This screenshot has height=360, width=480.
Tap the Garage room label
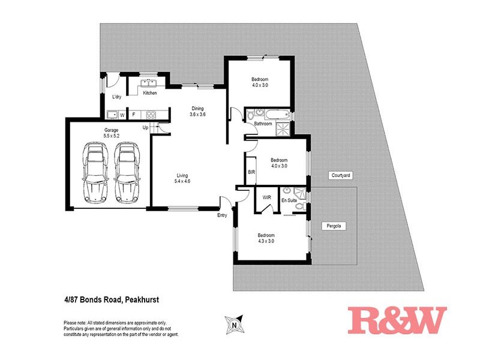pyautogui.click(x=111, y=130)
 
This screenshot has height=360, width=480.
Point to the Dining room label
pyautogui.click(x=197, y=109)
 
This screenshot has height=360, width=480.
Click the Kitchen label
pyautogui.click(x=150, y=93)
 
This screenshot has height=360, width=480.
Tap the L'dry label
pyautogui.click(x=118, y=97)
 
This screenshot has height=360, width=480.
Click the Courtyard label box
pyautogui.click(x=340, y=175)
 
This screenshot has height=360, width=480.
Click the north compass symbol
pyautogui.click(x=235, y=325)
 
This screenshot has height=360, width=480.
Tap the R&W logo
pyautogui.click(x=397, y=320)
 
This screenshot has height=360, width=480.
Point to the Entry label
pyautogui.click(x=222, y=215)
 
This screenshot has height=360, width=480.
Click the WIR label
pyautogui.click(x=265, y=196)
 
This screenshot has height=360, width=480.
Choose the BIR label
pyautogui.click(x=251, y=172)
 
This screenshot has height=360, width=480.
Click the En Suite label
pyautogui.click(x=289, y=200)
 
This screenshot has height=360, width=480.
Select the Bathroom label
pyautogui.click(x=263, y=124)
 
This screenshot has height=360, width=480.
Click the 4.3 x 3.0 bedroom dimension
pyautogui.click(x=266, y=241)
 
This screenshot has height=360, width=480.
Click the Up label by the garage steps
pyautogui.click(x=145, y=127)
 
